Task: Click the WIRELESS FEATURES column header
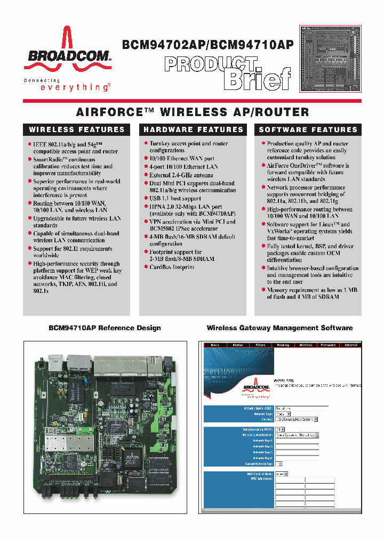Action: [76, 129]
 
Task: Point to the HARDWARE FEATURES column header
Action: [192, 129]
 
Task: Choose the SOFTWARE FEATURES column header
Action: [308, 129]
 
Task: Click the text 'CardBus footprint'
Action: [172, 267]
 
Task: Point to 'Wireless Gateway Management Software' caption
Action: [279, 328]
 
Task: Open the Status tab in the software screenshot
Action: [237, 345]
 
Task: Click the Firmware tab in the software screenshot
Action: [328, 345]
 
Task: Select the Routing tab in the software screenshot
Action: [283, 345]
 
